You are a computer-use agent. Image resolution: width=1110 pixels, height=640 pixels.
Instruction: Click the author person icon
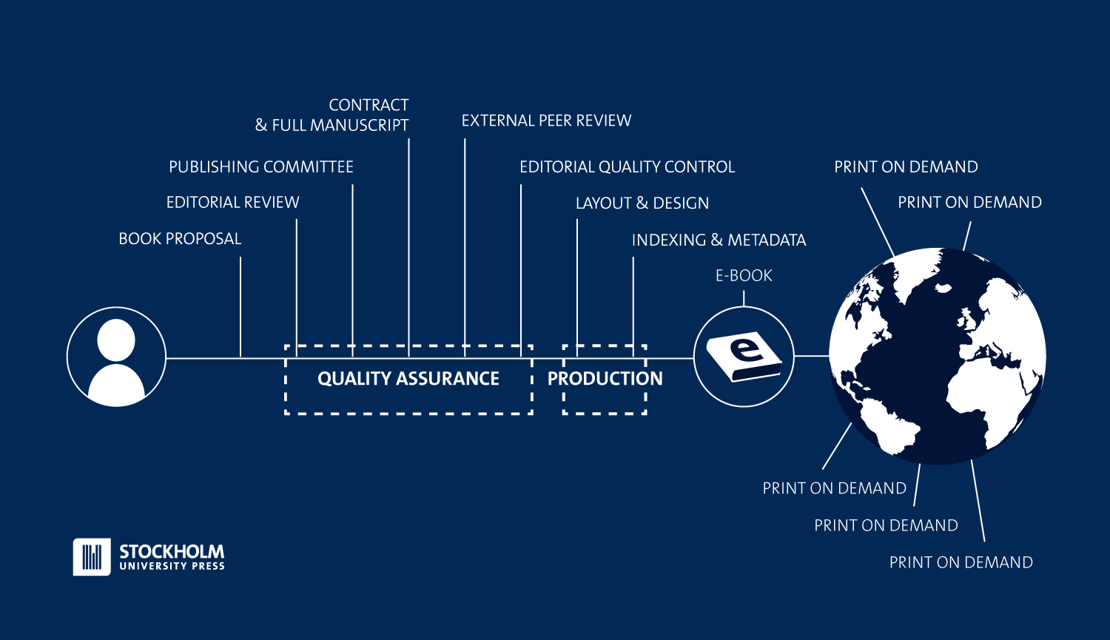pyautogui.click(x=116, y=357)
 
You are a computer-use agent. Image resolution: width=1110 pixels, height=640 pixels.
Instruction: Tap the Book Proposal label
pyautogui.click(x=180, y=239)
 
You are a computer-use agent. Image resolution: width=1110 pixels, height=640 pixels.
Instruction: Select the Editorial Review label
pyautogui.click(x=232, y=203)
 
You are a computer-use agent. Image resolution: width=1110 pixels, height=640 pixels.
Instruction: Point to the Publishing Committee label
pyautogui.click(x=260, y=167)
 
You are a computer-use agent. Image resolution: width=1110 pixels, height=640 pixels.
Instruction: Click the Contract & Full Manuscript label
pyautogui.click(x=332, y=115)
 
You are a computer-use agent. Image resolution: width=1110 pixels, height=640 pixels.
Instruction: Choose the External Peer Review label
pyautogui.click(x=546, y=121)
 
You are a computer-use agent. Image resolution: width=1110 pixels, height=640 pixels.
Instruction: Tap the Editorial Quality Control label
pyautogui.click(x=627, y=167)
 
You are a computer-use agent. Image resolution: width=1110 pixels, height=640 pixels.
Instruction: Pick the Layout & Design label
pyautogui.click(x=642, y=203)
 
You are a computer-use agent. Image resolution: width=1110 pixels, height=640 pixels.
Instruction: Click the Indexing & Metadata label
pyautogui.click(x=719, y=240)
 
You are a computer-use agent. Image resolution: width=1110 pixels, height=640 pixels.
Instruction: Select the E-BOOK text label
pyautogui.click(x=744, y=276)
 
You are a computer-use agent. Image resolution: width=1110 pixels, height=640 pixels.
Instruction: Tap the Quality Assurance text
pyautogui.click(x=408, y=379)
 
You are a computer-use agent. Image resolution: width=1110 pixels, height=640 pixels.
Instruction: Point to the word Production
pyautogui.click(x=605, y=379)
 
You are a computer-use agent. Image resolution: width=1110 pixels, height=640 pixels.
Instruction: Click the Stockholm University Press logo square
pyautogui.click(x=92, y=556)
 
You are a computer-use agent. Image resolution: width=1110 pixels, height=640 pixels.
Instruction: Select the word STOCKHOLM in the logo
pyautogui.click(x=172, y=551)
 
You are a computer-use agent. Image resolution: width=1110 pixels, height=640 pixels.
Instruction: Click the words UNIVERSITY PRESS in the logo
pyautogui.click(x=172, y=566)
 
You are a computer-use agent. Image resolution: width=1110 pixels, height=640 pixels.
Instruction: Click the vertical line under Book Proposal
pyautogui.click(x=240, y=307)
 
